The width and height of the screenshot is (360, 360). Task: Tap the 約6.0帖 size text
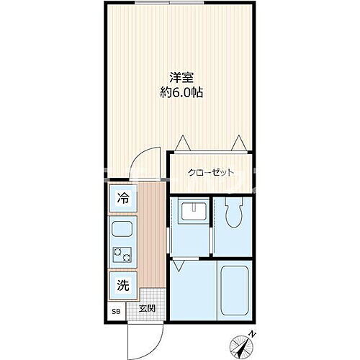[181, 94]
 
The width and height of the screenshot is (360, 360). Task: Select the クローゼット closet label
[212, 172]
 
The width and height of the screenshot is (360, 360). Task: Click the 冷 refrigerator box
[123, 199]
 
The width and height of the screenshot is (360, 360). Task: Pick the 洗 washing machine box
[123, 284]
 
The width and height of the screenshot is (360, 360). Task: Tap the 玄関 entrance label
[147, 309]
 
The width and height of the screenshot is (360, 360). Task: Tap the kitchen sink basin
[121, 233]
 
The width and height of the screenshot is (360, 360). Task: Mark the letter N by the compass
[251, 333]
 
